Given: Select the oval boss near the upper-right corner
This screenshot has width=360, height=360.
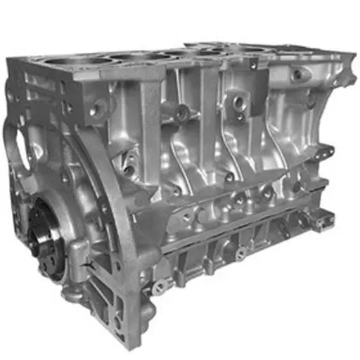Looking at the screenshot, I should tap(300, 75).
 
